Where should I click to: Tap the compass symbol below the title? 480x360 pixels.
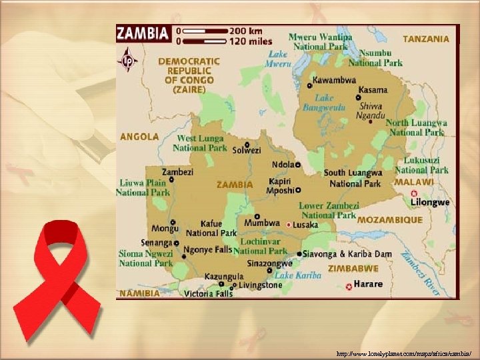pyautogui.click(x=127, y=61)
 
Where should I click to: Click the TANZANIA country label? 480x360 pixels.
pyautogui.click(x=426, y=39)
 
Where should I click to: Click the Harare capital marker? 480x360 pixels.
pyautogui.click(x=349, y=287)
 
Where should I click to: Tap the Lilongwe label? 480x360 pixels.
pyautogui.click(x=430, y=201)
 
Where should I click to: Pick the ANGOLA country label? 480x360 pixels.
pyautogui.click(x=139, y=137)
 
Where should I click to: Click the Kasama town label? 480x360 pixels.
pyautogui.click(x=372, y=89)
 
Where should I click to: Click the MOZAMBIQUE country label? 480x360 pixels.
pyautogui.click(x=390, y=219)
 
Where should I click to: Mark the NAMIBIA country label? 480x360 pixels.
pyautogui.click(x=139, y=293)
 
